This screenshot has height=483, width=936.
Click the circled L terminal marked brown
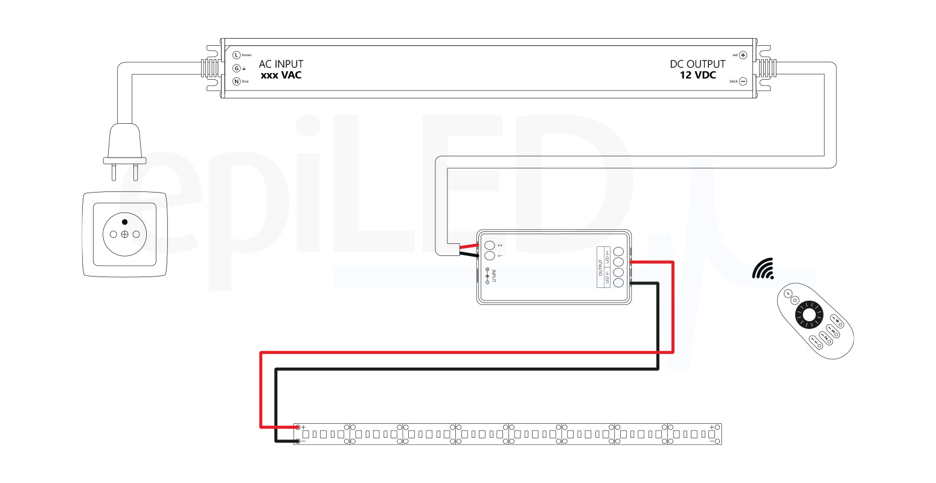tap(237, 55)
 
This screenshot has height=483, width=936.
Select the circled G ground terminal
tap(237, 68)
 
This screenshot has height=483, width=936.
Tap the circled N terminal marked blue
tap(237, 82)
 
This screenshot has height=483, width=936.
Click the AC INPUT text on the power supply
tap(281, 64)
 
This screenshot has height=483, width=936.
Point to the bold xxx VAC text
tap(281, 75)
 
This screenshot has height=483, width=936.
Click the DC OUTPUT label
tap(697, 64)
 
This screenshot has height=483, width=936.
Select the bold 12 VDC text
tap(697, 75)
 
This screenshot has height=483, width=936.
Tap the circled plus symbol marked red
tap(743, 55)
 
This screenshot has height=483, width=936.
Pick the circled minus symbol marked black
tap(743, 82)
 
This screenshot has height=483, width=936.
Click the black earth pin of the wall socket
tap(124, 222)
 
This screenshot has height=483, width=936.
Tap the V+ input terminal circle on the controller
tap(490, 245)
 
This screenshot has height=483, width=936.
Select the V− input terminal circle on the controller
tap(490, 256)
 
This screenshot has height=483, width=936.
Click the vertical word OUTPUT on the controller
tap(600, 267)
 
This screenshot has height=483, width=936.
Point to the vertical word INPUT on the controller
tap(493, 276)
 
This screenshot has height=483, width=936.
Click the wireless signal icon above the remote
tap(763, 269)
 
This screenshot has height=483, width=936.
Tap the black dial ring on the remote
tap(808, 315)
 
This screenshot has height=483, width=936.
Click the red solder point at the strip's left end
tap(297, 427)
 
